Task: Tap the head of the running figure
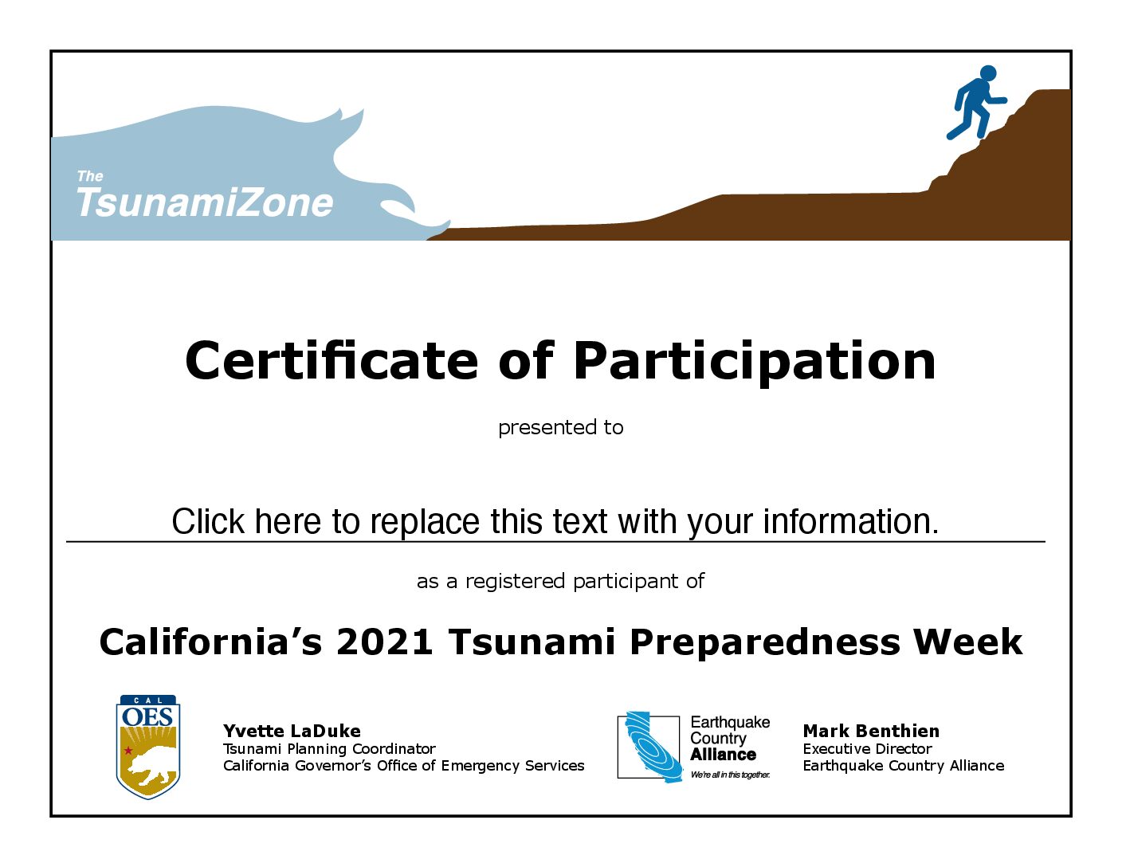(988, 73)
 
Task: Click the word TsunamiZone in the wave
(205, 202)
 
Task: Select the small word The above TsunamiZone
(90, 176)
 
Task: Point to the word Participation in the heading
(755, 362)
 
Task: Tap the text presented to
(561, 428)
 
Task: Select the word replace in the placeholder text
(425, 522)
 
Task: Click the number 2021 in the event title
(384, 641)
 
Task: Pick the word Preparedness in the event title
(765, 643)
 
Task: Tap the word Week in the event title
(967, 641)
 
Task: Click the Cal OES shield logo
(148, 747)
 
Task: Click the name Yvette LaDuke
(292, 732)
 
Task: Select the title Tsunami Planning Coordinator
(329, 749)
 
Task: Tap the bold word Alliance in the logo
(723, 755)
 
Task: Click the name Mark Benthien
(871, 732)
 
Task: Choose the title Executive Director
(868, 749)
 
